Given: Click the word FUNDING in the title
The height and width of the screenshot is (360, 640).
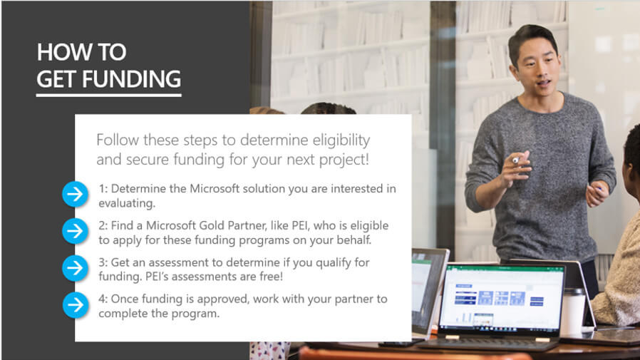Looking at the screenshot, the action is pos(131,79).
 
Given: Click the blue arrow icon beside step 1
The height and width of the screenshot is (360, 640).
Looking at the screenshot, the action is pos(75,195).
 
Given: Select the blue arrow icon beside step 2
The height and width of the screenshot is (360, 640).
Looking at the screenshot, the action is pos(75,231).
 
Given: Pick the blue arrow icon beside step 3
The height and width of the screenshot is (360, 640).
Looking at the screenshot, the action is pos(75,268).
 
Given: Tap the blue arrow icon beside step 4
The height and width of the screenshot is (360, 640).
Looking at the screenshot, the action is pos(76,305).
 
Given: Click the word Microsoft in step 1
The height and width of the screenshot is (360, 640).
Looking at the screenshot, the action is pos(215,189).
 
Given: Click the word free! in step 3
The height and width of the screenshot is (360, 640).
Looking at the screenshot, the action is pos(271,277).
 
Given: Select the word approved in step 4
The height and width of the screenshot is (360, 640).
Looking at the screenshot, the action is pos(222,299).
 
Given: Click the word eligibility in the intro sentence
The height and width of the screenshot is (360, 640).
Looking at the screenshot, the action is pos(341,140).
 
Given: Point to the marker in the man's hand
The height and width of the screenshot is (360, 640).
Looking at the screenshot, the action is pos(517,160).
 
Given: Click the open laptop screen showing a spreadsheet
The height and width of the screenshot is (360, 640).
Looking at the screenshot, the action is pos(502,298).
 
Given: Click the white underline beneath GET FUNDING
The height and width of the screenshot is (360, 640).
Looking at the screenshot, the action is pos(109,96).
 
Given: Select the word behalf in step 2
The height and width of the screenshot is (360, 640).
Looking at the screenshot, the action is pos(354,240).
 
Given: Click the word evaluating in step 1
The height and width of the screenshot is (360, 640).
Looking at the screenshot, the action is pos(127,203).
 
